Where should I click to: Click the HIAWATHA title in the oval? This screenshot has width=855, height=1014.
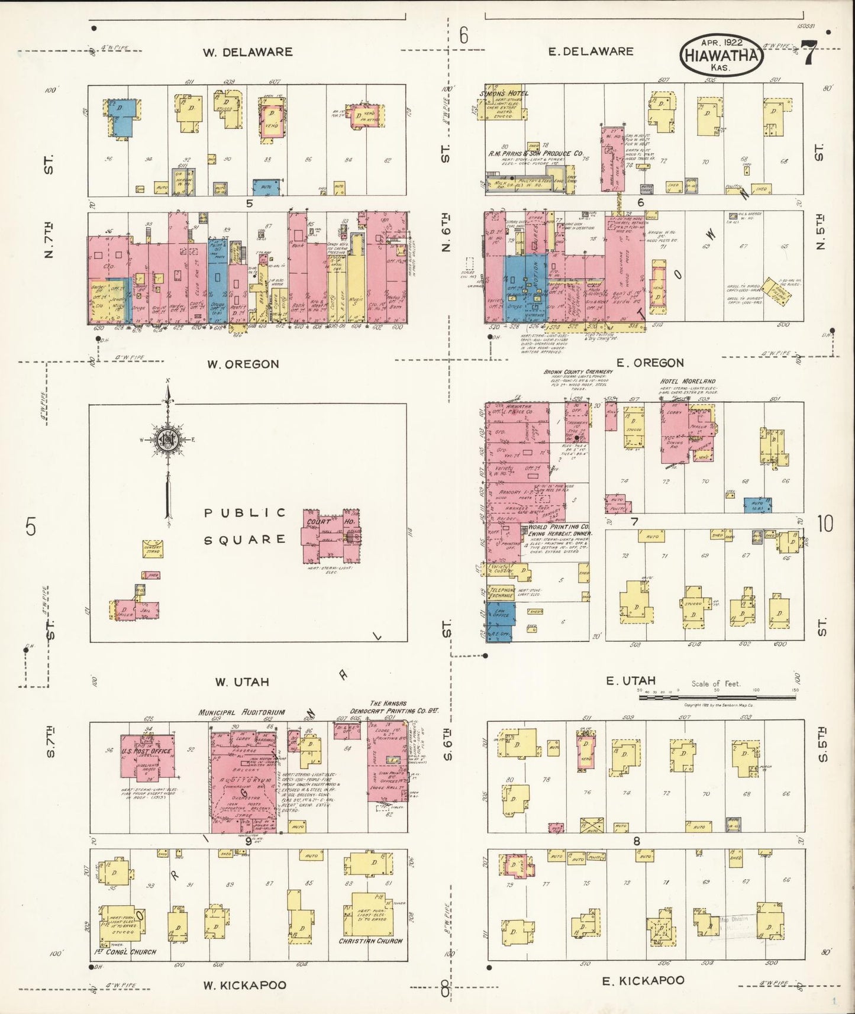721,56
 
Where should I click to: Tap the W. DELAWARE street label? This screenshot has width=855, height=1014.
247,52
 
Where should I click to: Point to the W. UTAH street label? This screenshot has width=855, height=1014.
241,682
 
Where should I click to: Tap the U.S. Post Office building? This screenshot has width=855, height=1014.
147,755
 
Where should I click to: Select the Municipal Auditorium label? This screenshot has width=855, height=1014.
241,712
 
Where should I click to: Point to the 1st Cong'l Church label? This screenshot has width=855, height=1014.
125,952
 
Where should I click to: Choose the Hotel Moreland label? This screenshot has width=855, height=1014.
688,382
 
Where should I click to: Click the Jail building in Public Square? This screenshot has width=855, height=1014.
144,611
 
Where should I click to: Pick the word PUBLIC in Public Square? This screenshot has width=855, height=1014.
245,513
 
